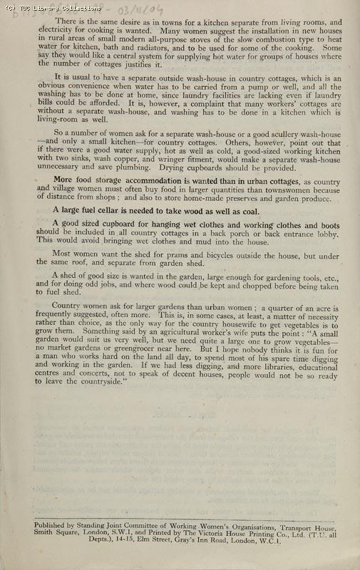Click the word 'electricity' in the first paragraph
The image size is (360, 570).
click(x=56, y=33)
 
